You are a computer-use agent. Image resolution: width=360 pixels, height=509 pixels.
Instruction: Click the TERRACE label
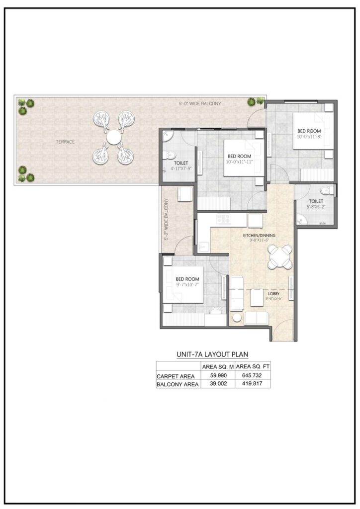point(65,142)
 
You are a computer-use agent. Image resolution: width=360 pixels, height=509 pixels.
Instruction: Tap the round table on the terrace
point(113,136)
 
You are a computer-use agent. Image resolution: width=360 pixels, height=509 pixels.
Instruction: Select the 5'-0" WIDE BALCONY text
point(199,103)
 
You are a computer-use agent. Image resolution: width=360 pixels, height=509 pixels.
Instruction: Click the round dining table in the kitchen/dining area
point(280,257)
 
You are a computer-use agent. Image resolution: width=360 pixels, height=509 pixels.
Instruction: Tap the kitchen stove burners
point(223,218)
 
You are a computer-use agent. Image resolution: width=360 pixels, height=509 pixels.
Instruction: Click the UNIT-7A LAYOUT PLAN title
point(212,354)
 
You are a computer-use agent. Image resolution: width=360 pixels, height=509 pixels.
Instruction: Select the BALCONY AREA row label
point(178,384)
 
